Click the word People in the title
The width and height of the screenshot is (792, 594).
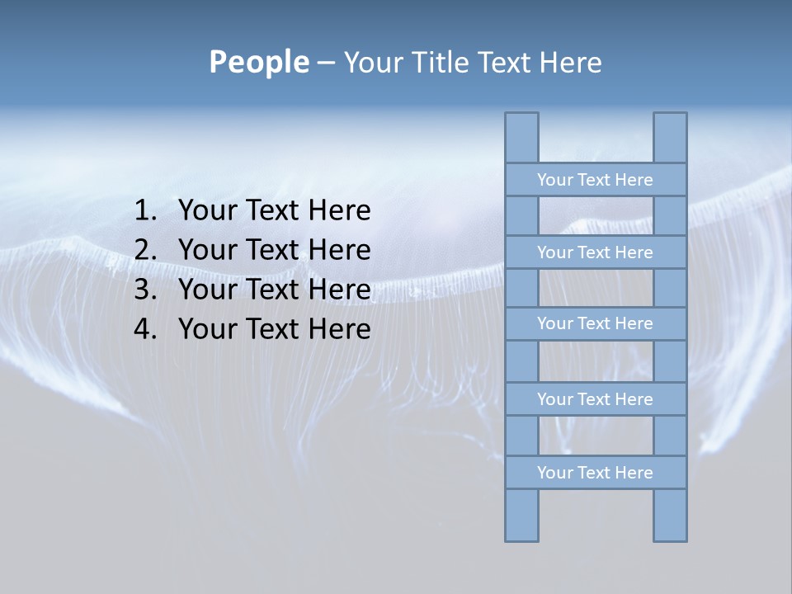click(258, 63)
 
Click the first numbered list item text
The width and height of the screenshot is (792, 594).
click(274, 211)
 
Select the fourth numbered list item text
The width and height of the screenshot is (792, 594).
click(274, 329)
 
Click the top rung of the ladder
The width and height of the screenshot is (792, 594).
click(595, 180)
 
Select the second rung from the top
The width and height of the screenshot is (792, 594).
click(595, 252)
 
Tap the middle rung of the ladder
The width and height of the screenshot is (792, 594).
click(595, 324)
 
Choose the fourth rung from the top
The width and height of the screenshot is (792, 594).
click(595, 399)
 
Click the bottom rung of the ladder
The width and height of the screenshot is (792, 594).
click(595, 473)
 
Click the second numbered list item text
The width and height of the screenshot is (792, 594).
click(274, 250)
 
